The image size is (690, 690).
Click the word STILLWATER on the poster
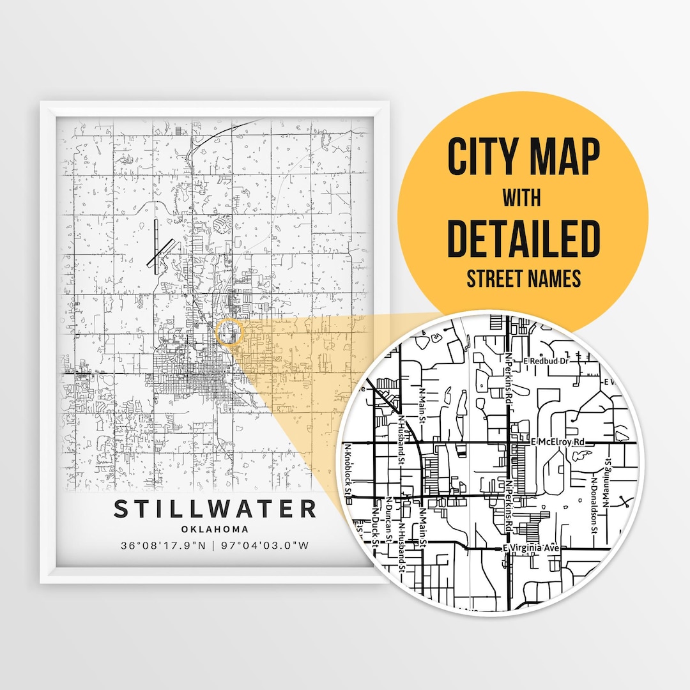215,509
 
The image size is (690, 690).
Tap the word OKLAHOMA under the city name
215,529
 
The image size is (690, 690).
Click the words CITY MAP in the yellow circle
523,158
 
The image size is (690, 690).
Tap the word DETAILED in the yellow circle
523,238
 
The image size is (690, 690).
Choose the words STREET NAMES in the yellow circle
523,279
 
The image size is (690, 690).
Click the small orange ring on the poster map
229,333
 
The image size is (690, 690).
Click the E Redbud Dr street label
546,361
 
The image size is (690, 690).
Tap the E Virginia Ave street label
532,548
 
